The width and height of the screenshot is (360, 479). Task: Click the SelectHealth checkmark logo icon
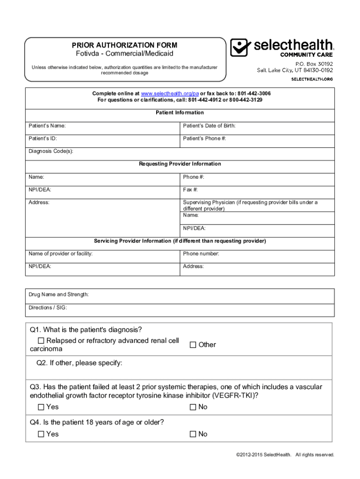tap(240, 47)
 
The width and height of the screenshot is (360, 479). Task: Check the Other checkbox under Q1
tap(193, 345)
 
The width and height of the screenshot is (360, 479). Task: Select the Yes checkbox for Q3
tap(41, 407)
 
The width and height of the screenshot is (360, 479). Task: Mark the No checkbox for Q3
tap(193, 407)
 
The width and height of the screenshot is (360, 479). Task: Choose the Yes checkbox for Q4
tap(41, 434)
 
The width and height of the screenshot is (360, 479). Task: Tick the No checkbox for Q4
tap(193, 434)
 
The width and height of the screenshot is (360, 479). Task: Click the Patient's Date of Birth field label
tap(209, 126)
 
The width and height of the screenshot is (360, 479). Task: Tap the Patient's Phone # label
tap(204, 138)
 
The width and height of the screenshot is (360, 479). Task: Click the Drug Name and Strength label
tap(58, 295)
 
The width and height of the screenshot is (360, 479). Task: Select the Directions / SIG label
tap(48, 308)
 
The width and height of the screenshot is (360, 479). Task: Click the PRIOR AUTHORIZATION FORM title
tap(124, 45)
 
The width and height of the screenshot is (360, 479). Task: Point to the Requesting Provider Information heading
tap(180, 164)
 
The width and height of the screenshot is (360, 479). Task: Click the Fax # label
tap(190, 190)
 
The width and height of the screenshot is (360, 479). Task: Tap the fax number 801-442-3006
tap(253, 94)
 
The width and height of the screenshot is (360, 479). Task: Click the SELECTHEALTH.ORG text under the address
tap(312, 79)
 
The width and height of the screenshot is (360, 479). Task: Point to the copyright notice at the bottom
tap(285, 455)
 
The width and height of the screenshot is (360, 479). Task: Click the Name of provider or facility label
tap(60, 254)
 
